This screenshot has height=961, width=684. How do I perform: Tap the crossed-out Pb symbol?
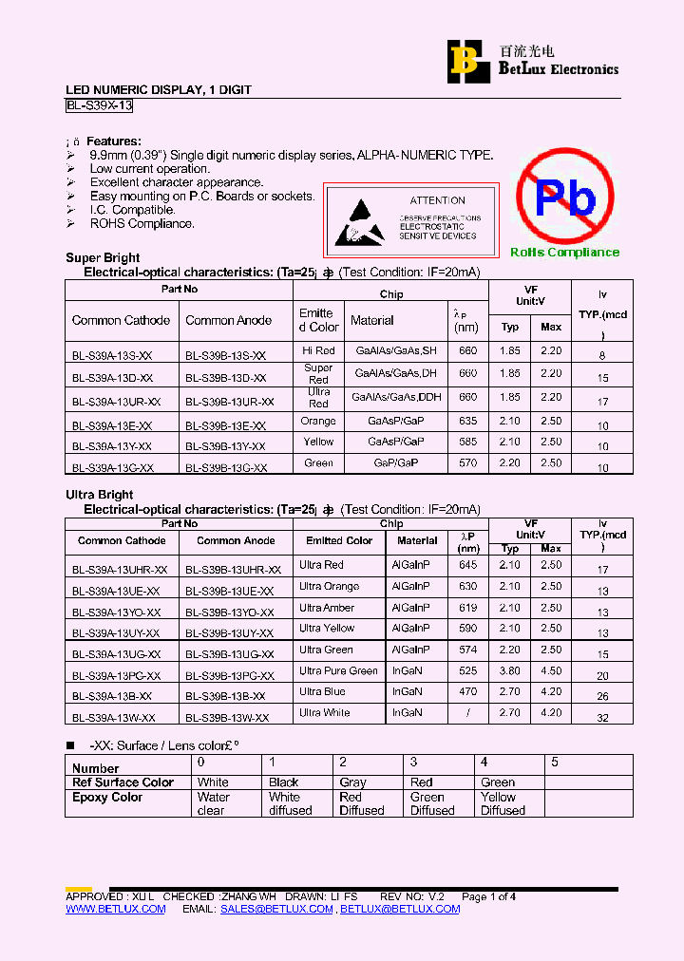pos(564,197)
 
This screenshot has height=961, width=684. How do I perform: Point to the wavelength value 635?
pos(467,421)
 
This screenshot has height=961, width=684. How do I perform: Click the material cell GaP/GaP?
pos(396,462)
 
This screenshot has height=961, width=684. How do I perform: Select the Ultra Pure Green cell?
pos(338,670)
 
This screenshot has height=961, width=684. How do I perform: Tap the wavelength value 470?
pos(467,692)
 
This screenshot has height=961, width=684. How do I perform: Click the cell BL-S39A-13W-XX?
pos(113,718)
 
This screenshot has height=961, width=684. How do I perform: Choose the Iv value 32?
pos(602,719)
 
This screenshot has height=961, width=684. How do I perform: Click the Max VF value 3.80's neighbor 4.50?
pos(551,670)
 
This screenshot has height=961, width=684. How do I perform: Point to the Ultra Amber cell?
pos(327,608)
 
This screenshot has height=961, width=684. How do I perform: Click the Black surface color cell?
pos(283,782)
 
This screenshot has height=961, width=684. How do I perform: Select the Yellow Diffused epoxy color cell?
pos(503,803)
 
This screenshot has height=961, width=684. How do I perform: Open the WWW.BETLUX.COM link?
pos(115,909)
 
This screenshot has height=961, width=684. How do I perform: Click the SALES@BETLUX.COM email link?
pos(276,909)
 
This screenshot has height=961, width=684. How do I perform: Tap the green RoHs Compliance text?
pos(564,252)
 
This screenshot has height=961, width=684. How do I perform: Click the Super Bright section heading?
pos(103,257)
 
